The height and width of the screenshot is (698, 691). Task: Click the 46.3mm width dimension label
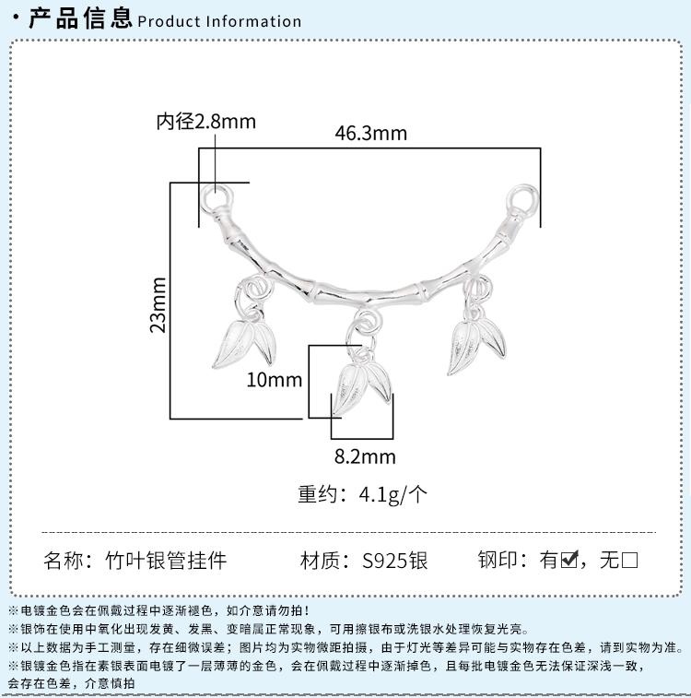point(370,133)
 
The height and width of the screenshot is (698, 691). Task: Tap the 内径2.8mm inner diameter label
point(205,121)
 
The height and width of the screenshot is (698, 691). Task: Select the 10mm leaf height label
point(274,379)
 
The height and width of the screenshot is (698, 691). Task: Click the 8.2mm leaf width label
point(365,456)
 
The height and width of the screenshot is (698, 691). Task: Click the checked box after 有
point(569,560)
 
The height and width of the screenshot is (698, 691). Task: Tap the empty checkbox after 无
point(630,560)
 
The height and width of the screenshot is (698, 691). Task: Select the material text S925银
point(395,560)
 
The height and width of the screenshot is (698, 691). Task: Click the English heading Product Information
point(219,21)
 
